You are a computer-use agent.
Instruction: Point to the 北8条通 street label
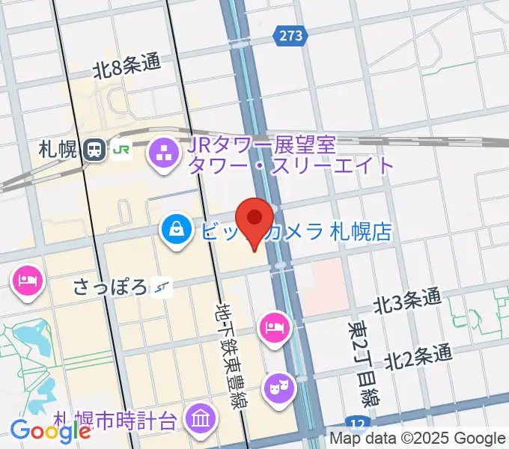point(127,67)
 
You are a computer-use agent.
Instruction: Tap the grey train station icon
point(94,150)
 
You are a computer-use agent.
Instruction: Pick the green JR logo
point(121,150)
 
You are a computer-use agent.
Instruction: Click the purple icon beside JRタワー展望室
point(162,154)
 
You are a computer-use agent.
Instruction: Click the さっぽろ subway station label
point(109,286)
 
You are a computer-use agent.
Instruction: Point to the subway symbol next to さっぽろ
point(162,286)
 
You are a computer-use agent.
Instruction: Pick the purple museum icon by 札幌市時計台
point(201,417)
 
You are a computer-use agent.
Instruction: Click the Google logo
point(50,430)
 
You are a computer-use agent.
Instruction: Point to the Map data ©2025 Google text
point(418,438)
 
